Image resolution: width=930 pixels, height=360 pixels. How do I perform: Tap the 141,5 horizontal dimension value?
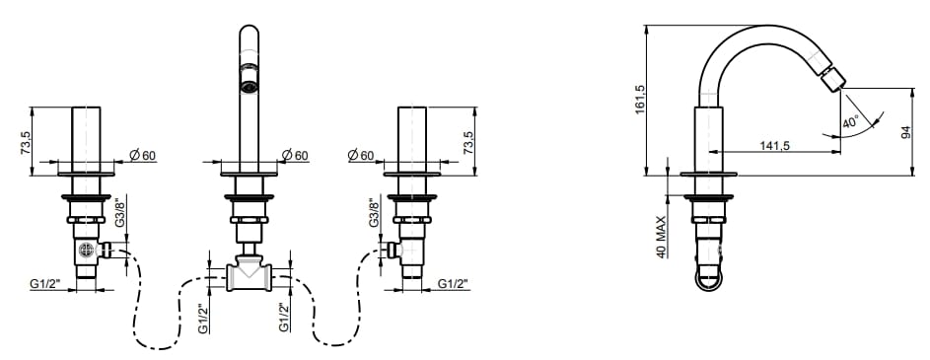[x=774, y=145]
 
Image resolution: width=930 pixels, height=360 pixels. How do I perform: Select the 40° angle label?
[x=850, y=122]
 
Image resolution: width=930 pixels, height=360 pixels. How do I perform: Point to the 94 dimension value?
[x=905, y=132]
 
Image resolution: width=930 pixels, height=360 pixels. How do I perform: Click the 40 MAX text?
[x=662, y=236]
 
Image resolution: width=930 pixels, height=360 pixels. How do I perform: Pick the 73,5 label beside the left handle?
[x=26, y=143]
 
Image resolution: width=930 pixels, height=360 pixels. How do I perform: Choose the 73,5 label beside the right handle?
[x=468, y=143]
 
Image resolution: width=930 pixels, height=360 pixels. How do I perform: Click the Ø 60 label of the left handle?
[x=142, y=156]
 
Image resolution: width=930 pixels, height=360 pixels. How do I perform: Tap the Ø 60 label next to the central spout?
[x=295, y=156]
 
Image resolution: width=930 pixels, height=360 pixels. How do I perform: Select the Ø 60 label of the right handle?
[x=361, y=156]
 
